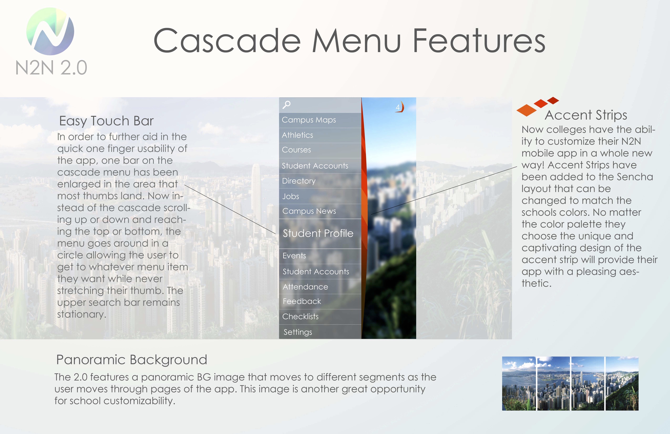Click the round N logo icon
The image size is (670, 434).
50,31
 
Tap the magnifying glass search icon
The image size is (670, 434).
286,105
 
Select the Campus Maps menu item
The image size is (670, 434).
309,120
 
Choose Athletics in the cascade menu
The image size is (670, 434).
297,135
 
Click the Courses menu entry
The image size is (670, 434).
296,150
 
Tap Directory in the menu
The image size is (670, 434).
299,181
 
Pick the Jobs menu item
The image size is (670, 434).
291,196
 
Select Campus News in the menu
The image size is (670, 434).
309,211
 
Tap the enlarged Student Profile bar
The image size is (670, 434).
318,234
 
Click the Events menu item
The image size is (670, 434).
294,256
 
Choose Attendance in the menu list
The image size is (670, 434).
305,287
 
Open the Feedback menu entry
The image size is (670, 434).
302,301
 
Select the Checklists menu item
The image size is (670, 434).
300,317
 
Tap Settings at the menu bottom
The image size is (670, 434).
298,332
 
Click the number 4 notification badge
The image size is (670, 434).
398,107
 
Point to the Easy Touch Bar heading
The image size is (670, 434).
106,121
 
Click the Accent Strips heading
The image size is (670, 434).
586,115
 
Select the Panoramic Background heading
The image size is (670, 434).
132,360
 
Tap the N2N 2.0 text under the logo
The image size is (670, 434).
51,68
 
